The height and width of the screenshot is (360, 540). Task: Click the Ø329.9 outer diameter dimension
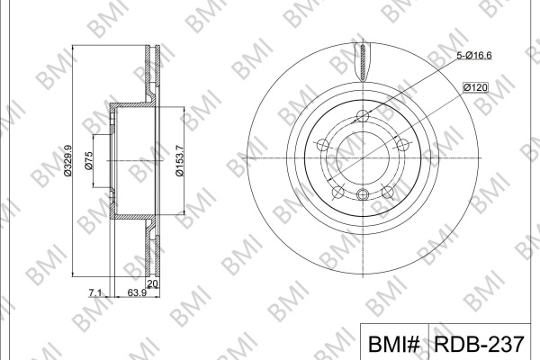coord(67,160)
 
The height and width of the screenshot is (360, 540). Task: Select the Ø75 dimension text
coord(88,160)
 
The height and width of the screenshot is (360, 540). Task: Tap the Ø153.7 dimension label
coord(180,160)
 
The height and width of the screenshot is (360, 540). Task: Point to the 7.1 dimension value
coord(95,293)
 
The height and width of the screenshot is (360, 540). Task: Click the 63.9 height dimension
coord(137,293)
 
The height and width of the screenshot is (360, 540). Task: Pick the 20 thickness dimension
coord(152,284)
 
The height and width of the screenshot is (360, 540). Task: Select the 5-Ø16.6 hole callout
coord(474,55)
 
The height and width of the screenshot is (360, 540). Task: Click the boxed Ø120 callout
coord(475,87)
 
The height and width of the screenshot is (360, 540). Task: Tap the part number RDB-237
coord(479,344)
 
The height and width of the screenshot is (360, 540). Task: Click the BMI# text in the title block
coord(394,344)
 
